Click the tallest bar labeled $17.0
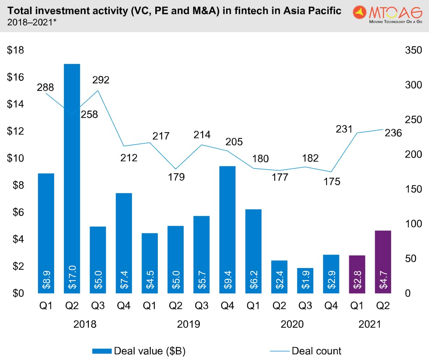72,179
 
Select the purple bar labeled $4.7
383,262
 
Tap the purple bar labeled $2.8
357,274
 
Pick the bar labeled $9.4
227,229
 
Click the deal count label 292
101,80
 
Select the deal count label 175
332,181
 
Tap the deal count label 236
393,133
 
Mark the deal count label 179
176,177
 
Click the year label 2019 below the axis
188,324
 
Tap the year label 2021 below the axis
370,324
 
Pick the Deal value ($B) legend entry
139,350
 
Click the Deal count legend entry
305,350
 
